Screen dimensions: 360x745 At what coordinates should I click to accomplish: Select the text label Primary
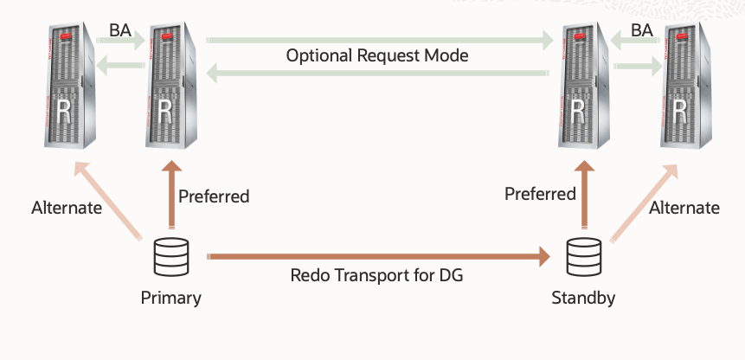pyautogui.click(x=170, y=299)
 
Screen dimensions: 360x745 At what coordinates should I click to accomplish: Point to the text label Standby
pyautogui.click(x=583, y=299)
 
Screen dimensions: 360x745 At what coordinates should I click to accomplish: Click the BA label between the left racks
pyautogui.click(x=120, y=30)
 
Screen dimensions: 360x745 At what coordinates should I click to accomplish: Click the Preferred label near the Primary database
pyautogui.click(x=214, y=196)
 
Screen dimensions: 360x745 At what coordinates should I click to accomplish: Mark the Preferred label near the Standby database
pyautogui.click(x=540, y=193)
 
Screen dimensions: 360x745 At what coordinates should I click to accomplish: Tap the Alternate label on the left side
pyautogui.click(x=67, y=208)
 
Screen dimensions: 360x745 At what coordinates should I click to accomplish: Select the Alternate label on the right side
pyautogui.click(x=684, y=208)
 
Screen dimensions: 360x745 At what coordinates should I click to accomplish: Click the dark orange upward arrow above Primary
pyautogui.click(x=171, y=198)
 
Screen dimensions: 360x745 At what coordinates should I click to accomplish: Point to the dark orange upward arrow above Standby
pyautogui.click(x=583, y=198)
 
